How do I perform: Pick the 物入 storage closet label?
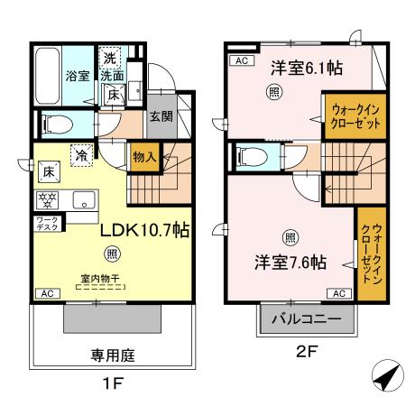[x=143, y=157]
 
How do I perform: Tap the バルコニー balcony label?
[x=301, y=319]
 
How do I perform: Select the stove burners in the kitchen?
[x=46, y=197]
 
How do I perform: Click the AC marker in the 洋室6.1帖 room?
[x=241, y=60]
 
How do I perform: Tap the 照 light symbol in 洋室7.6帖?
[x=290, y=237]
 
